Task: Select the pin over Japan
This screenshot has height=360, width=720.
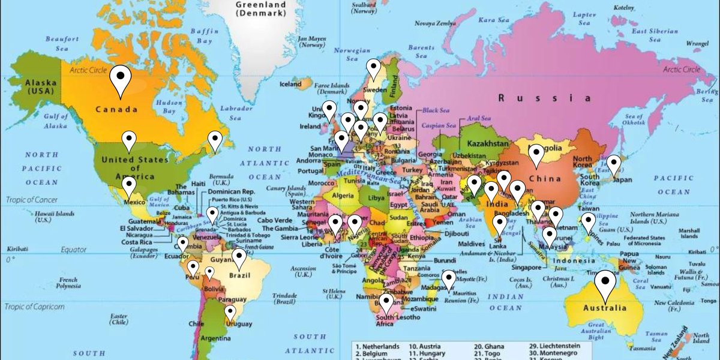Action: click(x=613, y=164)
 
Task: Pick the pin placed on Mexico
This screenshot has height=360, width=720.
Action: click(x=129, y=186)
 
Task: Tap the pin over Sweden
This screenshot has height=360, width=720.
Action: click(x=374, y=68)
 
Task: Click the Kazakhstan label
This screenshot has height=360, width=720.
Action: click(x=484, y=145)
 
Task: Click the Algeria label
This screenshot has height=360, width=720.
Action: click(x=343, y=196)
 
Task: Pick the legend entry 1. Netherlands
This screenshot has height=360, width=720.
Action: click(x=377, y=347)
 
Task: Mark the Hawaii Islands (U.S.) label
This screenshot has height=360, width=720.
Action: click(x=54, y=217)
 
